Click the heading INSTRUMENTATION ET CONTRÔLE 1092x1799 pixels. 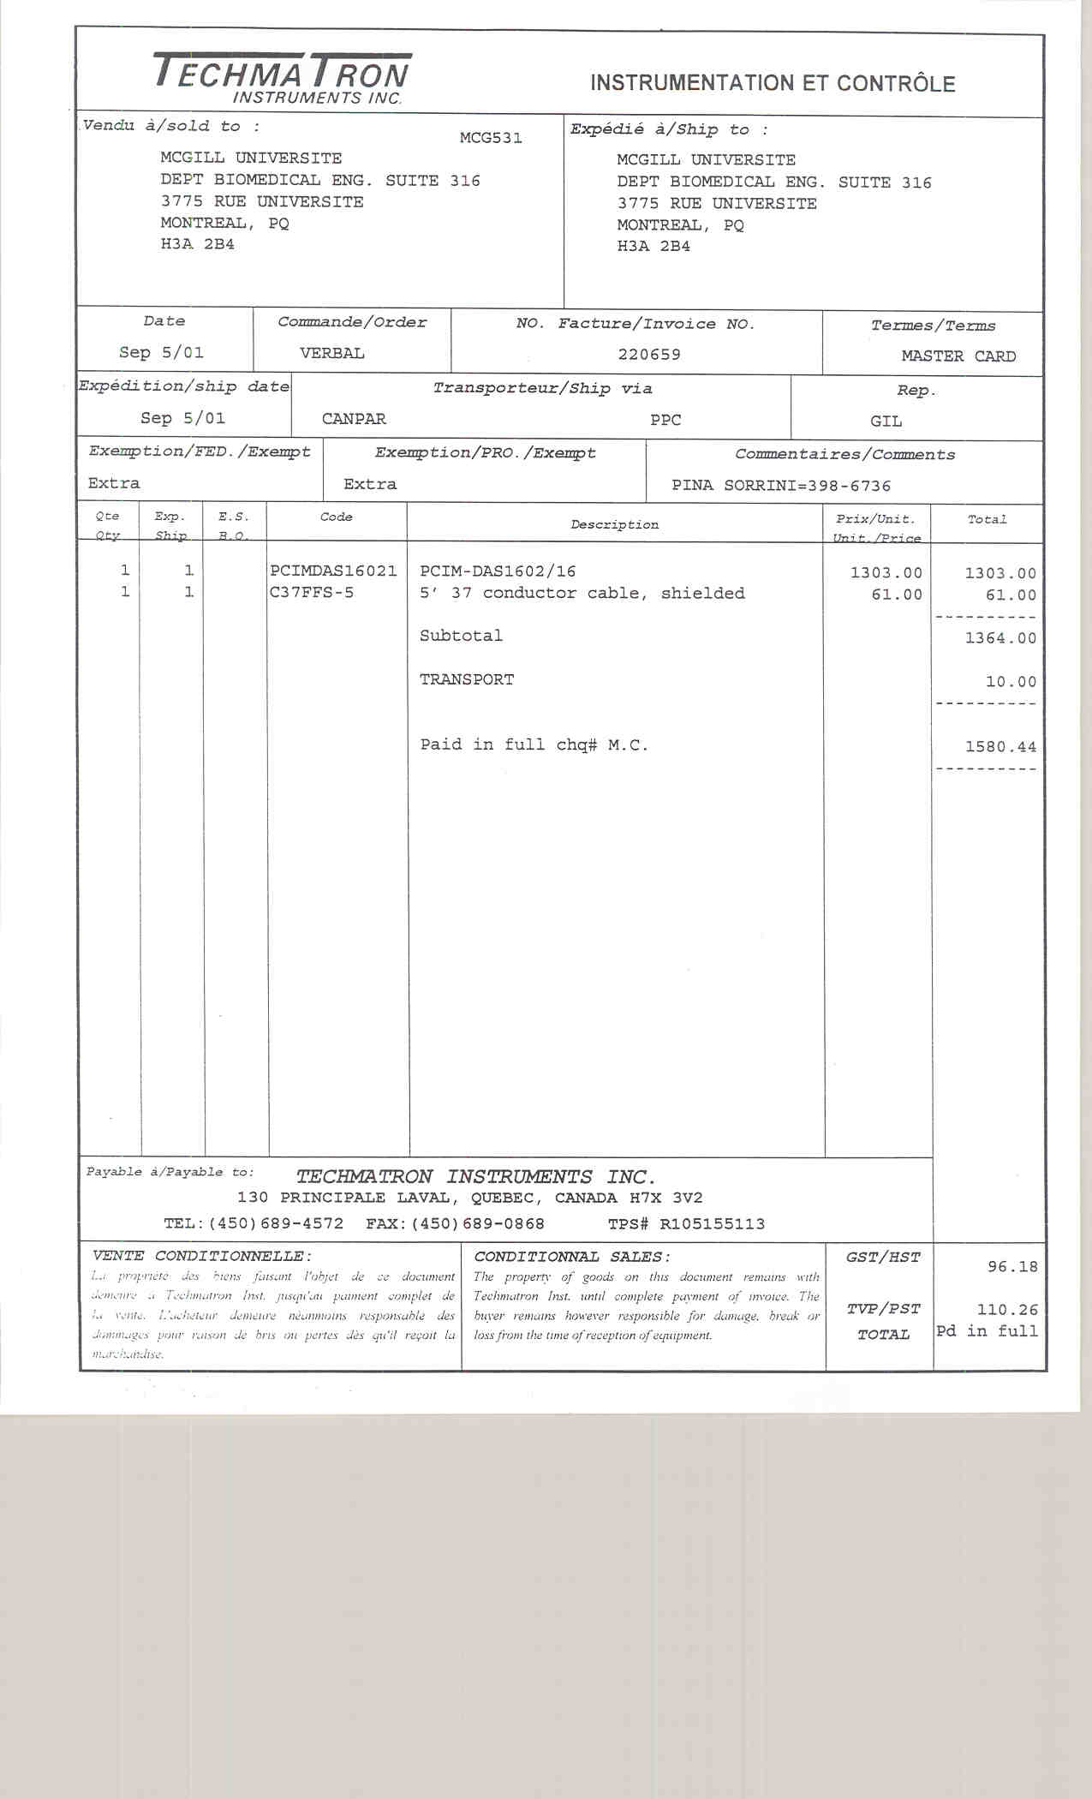(x=772, y=83)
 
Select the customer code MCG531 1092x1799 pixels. (x=491, y=138)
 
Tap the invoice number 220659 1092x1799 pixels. (x=649, y=354)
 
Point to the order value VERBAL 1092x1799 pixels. (x=332, y=353)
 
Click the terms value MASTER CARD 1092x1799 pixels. (x=958, y=356)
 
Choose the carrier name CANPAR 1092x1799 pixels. (x=354, y=419)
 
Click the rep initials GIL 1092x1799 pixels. (x=886, y=421)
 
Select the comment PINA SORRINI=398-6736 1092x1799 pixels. (x=781, y=486)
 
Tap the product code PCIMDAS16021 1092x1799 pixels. (x=333, y=571)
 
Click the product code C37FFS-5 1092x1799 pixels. (x=312, y=593)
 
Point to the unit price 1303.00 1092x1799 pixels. (x=886, y=572)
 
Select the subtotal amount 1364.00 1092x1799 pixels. (x=1000, y=638)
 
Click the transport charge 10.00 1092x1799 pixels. (x=1011, y=682)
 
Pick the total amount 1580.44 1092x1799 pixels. (x=1000, y=746)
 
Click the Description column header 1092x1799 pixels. (x=615, y=524)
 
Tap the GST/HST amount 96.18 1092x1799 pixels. (x=1012, y=1266)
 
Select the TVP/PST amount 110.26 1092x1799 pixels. (x=1007, y=1310)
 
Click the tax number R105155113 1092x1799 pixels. (x=712, y=1224)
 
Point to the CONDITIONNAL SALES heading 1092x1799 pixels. (x=572, y=1257)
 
